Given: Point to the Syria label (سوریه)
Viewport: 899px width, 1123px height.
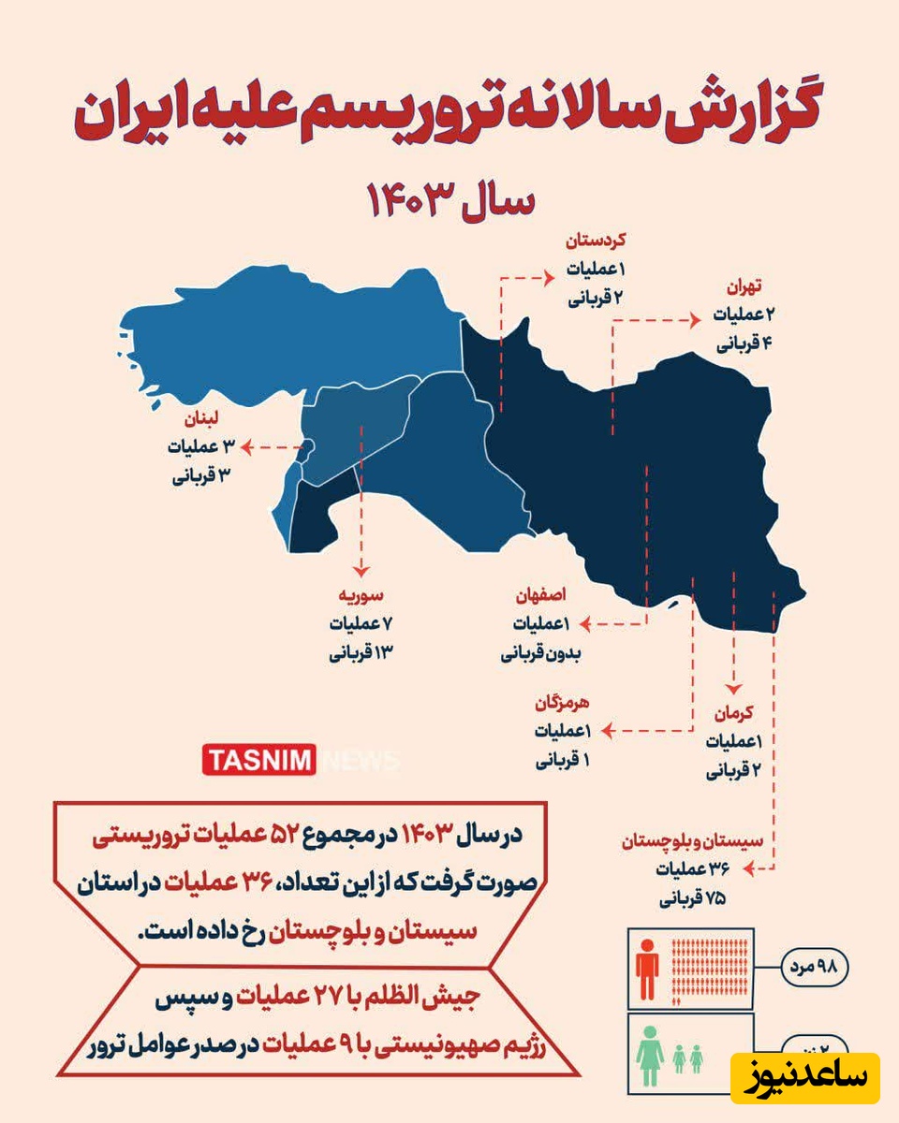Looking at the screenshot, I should click(x=361, y=595).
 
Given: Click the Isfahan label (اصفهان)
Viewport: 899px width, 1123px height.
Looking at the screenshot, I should click(x=538, y=595).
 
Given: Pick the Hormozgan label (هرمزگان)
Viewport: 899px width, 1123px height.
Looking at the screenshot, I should click(x=562, y=702).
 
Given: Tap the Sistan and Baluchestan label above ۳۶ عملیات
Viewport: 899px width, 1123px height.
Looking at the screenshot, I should click(x=693, y=842).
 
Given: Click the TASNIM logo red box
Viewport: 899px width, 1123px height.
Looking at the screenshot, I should click(x=259, y=759).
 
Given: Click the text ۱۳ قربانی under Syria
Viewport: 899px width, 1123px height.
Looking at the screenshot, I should click(x=359, y=652).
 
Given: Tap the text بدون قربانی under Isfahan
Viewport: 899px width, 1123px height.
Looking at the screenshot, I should click(x=541, y=653).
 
